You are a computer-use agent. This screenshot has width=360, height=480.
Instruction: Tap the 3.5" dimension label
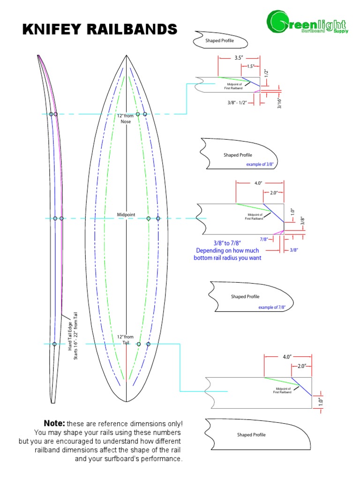[238, 59]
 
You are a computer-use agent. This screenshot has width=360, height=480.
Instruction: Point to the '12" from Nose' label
[126, 118]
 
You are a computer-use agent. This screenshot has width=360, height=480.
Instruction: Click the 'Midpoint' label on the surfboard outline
[126, 214]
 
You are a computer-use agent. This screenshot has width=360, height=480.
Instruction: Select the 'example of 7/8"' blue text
[272, 307]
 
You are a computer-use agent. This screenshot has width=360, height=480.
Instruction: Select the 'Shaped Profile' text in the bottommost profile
[251, 435]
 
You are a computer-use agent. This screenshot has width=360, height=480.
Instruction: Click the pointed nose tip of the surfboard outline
[127, 56]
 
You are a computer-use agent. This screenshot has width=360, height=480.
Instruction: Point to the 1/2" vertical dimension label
[266, 73]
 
